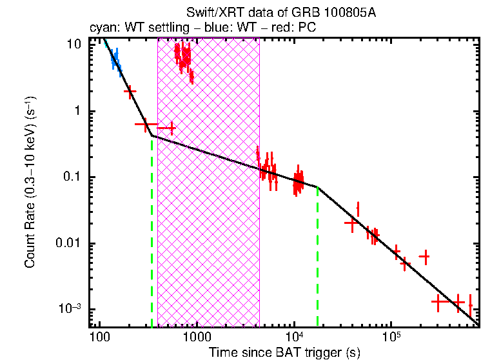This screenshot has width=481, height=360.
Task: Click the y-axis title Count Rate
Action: (30, 181)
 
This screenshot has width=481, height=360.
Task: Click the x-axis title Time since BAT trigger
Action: (284, 352)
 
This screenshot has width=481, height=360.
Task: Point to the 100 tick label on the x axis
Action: (99, 337)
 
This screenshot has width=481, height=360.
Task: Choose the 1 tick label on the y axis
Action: (78, 111)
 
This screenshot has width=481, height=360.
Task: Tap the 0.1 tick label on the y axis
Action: (73, 177)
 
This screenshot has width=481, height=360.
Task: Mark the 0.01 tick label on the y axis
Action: (70, 243)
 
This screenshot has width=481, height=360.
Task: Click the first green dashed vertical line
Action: (152, 232)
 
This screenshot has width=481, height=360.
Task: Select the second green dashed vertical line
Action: (318, 258)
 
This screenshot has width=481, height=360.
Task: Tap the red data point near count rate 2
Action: (130, 92)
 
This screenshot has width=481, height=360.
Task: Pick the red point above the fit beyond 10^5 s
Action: (424, 257)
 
